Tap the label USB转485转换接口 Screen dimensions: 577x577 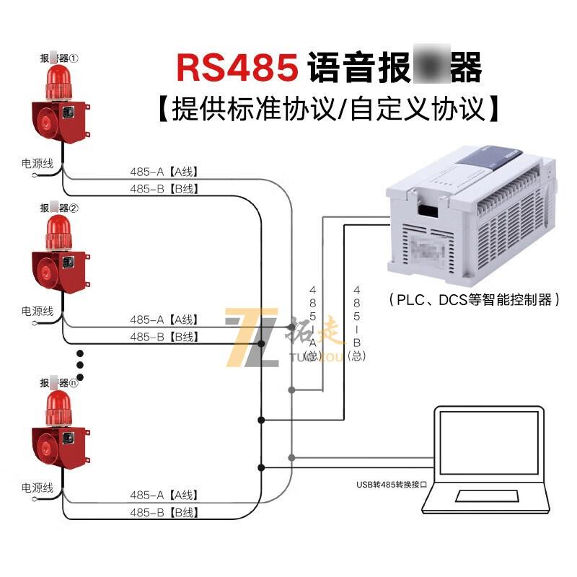391,484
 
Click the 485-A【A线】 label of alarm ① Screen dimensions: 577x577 164,172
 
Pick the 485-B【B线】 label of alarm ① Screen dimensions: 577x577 164,189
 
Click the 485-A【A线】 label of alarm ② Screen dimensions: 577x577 164,320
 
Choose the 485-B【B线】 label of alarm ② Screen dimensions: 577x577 164,337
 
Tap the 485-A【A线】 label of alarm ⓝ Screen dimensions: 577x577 164,495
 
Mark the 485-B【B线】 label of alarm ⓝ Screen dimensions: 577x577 164,513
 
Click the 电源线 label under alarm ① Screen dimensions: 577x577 38,164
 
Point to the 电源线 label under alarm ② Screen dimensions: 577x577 38,312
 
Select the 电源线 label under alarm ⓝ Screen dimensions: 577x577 38,488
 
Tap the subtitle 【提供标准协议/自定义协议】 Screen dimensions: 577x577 329,109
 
